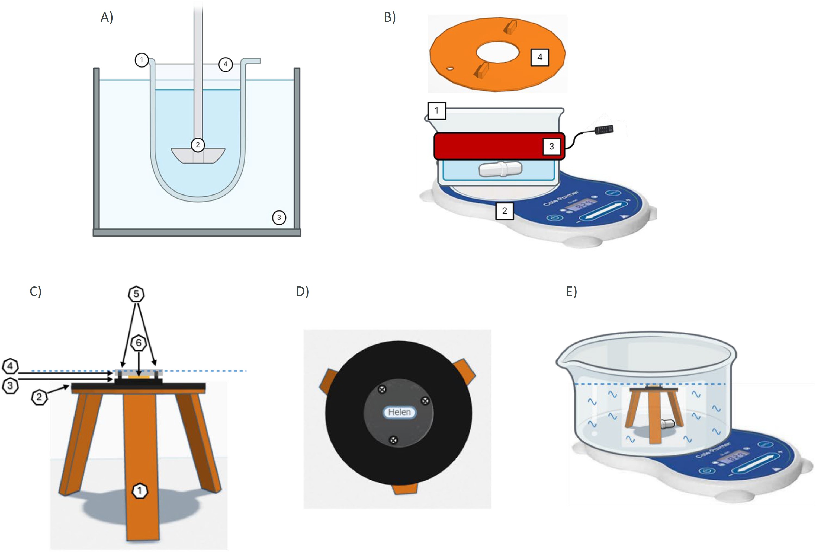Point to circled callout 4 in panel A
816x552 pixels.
(226, 64)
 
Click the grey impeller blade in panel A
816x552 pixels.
(198, 156)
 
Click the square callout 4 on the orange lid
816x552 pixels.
(540, 57)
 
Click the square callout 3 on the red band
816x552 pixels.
(551, 146)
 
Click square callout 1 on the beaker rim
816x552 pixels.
(436, 111)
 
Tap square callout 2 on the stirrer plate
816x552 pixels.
(504, 211)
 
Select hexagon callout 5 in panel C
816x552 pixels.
(136, 294)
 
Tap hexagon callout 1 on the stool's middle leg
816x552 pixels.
(140, 490)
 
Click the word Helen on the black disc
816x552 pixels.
(399, 412)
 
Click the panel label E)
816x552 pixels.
(571, 291)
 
